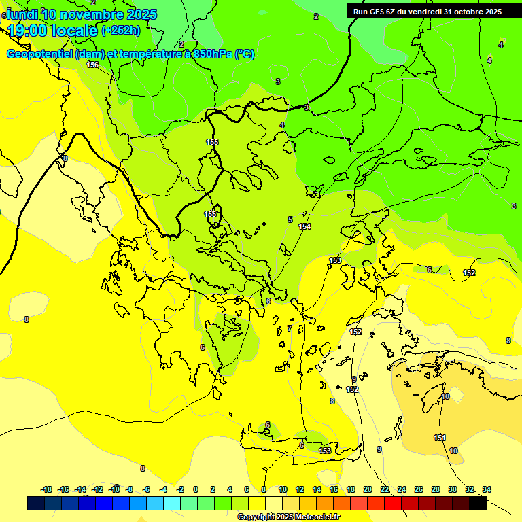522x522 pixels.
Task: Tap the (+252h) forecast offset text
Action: [x=121, y=30]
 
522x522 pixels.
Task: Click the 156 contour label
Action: [x=92, y=65]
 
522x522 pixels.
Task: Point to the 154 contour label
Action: [x=304, y=226]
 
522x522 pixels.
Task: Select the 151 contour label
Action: [x=440, y=438]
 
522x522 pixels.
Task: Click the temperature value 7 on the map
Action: [x=290, y=328]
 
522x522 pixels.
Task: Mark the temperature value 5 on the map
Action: [x=290, y=220]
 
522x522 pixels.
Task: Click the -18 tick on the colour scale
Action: [x=46, y=489]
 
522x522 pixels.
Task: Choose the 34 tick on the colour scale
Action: [x=487, y=489]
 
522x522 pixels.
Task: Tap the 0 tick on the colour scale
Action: [x=196, y=489]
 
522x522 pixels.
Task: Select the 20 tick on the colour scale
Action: [x=367, y=489]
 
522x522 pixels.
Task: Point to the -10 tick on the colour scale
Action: [x=115, y=489]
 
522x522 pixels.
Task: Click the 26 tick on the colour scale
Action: [x=419, y=489]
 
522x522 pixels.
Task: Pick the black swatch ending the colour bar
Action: [x=478, y=504]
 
